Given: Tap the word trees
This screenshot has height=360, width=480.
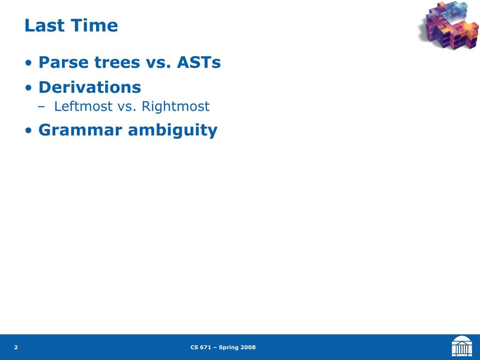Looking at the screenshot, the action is (117, 62).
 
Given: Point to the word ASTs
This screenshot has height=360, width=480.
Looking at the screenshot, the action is (199, 62).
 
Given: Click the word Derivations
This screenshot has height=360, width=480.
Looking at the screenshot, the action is (90, 87).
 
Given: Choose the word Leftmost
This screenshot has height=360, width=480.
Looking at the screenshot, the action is (83, 106).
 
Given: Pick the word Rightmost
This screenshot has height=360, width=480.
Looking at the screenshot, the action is (176, 106).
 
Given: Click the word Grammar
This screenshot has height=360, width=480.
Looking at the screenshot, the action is (80, 130).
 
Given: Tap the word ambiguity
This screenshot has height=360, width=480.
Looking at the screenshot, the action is (172, 130).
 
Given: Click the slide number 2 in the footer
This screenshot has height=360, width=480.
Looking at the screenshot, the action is (16, 347).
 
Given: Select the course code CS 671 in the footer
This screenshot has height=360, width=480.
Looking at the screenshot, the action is (201, 347).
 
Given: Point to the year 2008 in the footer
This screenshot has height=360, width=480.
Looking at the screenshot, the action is (248, 347).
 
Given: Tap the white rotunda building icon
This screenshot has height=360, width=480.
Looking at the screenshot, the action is (462, 346).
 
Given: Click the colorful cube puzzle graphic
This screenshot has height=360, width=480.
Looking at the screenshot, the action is (449, 25).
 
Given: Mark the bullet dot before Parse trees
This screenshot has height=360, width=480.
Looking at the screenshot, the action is (29, 63).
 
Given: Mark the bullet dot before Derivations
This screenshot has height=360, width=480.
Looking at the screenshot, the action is (29, 88).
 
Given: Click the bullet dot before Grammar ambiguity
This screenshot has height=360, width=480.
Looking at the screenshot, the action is (29, 131).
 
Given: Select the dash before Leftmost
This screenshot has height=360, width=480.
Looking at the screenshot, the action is (41, 107).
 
